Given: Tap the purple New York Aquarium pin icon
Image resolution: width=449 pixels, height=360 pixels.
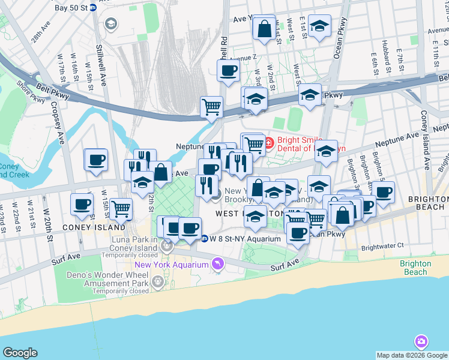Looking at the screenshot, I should (x=217, y=264).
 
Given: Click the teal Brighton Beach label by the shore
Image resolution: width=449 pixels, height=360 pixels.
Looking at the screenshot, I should (x=415, y=268).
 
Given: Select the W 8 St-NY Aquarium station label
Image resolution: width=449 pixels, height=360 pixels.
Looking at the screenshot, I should (x=237, y=238).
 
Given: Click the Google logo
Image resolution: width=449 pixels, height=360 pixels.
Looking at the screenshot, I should (x=20, y=353).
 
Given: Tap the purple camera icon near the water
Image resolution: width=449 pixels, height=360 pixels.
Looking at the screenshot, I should (x=421, y=342).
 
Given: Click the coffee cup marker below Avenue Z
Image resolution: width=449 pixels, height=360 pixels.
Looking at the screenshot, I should (x=228, y=71).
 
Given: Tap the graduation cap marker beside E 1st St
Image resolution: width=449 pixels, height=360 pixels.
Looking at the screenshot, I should (x=319, y=26).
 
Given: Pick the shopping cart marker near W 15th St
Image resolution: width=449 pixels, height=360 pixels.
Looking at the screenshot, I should (x=121, y=209).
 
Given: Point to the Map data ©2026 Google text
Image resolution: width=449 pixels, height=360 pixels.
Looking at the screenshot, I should (x=412, y=355).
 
